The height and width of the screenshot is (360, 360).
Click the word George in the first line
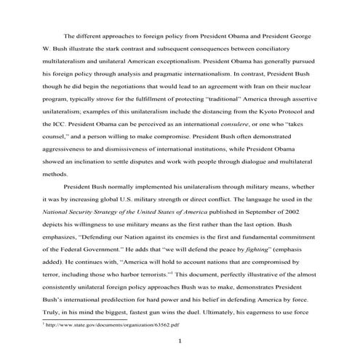300,35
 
